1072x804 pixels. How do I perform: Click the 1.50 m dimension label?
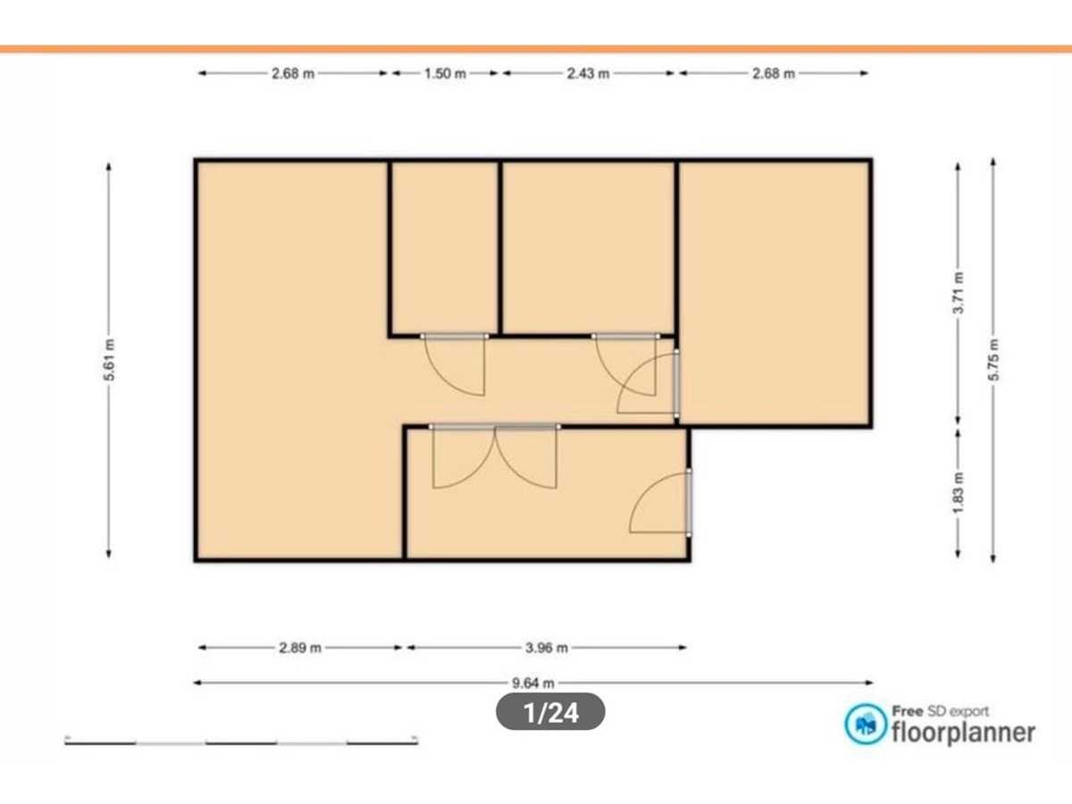coord(445,74)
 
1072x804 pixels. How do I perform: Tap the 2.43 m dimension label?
coord(588,74)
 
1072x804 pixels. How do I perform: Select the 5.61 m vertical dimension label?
coord(109,360)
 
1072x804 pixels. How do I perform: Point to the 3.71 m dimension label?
coord(959,293)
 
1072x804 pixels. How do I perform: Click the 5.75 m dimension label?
coord(993,360)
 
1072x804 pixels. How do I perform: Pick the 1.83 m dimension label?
coord(959,493)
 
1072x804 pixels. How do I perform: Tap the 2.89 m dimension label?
coord(300,648)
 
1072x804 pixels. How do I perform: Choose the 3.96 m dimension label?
coord(547,648)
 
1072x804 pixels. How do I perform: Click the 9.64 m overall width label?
coord(532,683)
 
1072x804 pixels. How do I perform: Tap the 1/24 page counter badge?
coord(550,712)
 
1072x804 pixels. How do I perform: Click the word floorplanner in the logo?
coord(963,733)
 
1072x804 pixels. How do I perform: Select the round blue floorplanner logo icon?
coord(866,724)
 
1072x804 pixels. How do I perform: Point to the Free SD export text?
coord(940,711)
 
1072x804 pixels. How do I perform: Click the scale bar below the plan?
coord(241,742)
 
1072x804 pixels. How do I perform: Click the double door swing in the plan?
coord(495,456)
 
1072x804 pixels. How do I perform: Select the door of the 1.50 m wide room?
coord(455,364)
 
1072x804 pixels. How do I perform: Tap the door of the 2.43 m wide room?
coord(625,364)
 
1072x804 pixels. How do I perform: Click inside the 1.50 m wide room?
coord(445,247)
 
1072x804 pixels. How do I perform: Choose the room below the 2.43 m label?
coord(588,247)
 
